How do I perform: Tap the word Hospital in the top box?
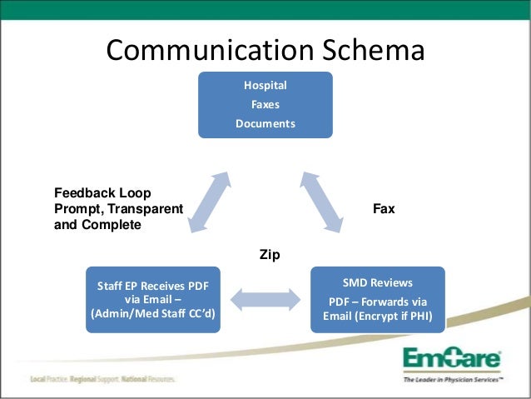coord(265,85)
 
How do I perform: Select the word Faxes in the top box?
coord(265,104)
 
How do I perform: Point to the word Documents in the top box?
coord(265,123)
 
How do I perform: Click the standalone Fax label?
coord(384,208)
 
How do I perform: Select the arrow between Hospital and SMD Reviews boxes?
coord(324,201)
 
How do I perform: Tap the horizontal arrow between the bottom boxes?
coord(265,300)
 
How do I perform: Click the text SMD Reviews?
coord(378,282)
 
